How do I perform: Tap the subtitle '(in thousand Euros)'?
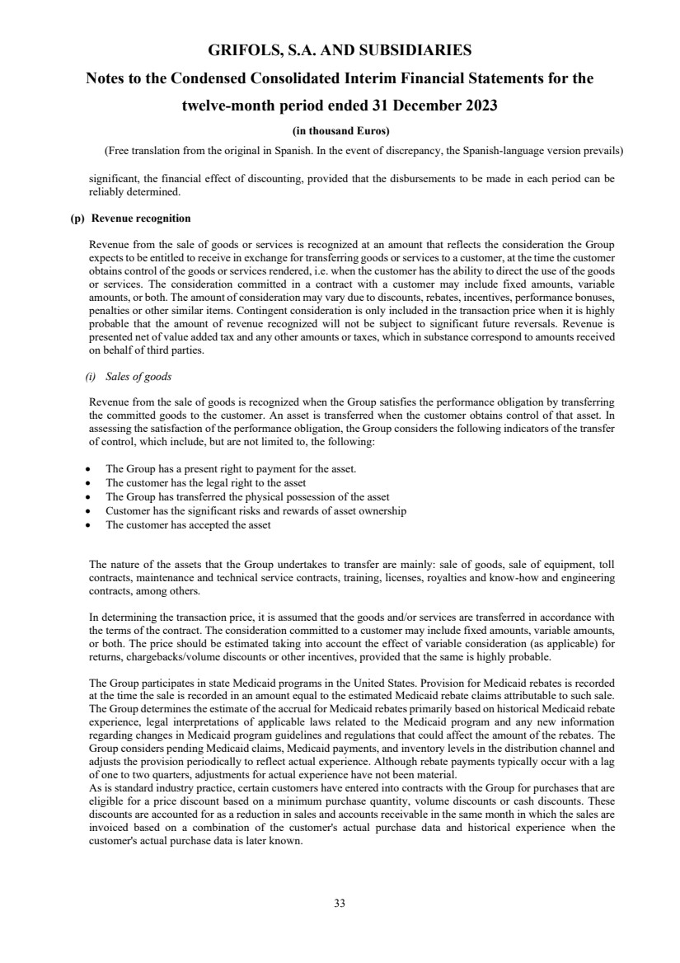click(340, 131)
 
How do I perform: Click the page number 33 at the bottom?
click(340, 903)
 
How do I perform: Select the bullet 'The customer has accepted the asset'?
click(188, 524)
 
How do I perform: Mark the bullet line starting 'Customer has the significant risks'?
click(256, 510)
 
